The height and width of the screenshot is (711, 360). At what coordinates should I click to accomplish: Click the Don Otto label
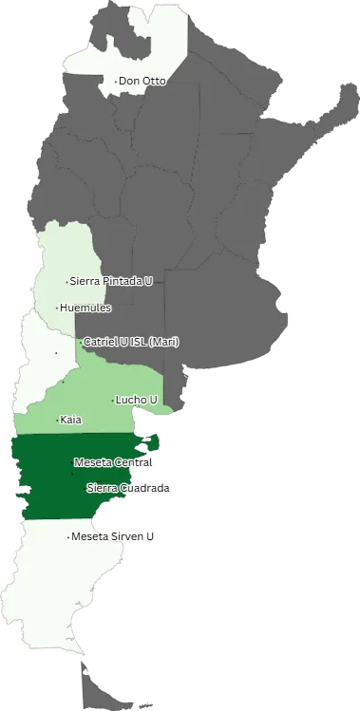142,81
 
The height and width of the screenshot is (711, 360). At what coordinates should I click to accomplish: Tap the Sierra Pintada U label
111,281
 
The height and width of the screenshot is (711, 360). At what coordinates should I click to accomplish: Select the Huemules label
85,308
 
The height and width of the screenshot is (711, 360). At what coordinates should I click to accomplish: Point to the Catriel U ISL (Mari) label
131,341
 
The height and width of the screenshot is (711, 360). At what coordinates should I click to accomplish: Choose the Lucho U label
137,400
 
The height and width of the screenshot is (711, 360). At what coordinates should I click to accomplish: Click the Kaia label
70,419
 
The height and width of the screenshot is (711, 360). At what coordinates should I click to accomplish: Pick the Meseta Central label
113,462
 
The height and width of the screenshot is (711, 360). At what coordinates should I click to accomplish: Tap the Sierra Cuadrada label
128,488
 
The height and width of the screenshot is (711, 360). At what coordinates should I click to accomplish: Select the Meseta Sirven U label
113,536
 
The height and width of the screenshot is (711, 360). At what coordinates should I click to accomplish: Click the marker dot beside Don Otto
116,82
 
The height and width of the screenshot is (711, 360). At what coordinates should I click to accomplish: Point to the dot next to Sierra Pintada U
66,282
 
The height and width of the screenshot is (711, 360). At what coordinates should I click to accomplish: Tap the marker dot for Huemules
57,308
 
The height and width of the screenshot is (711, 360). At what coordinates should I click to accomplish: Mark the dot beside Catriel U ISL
81,342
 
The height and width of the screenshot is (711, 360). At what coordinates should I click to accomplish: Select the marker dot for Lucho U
113,400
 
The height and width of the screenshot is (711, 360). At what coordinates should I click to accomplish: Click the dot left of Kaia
57,420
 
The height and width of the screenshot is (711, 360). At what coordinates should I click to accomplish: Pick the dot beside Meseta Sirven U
68,537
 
